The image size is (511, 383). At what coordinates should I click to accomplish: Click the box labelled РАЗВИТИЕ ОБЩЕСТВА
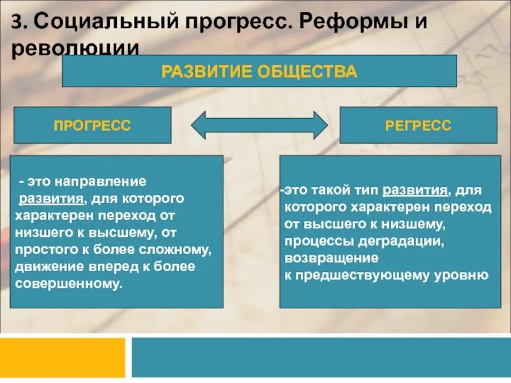tap(259, 71)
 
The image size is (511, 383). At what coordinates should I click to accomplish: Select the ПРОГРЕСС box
tap(93, 125)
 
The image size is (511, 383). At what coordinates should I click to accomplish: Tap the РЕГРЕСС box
tap(418, 125)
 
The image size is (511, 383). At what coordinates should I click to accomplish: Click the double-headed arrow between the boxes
tap(259, 125)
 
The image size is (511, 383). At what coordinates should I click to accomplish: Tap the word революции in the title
tap(75, 49)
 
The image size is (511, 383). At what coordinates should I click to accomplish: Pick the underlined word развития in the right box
tap(415, 191)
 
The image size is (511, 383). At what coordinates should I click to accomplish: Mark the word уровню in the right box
tap(469, 275)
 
